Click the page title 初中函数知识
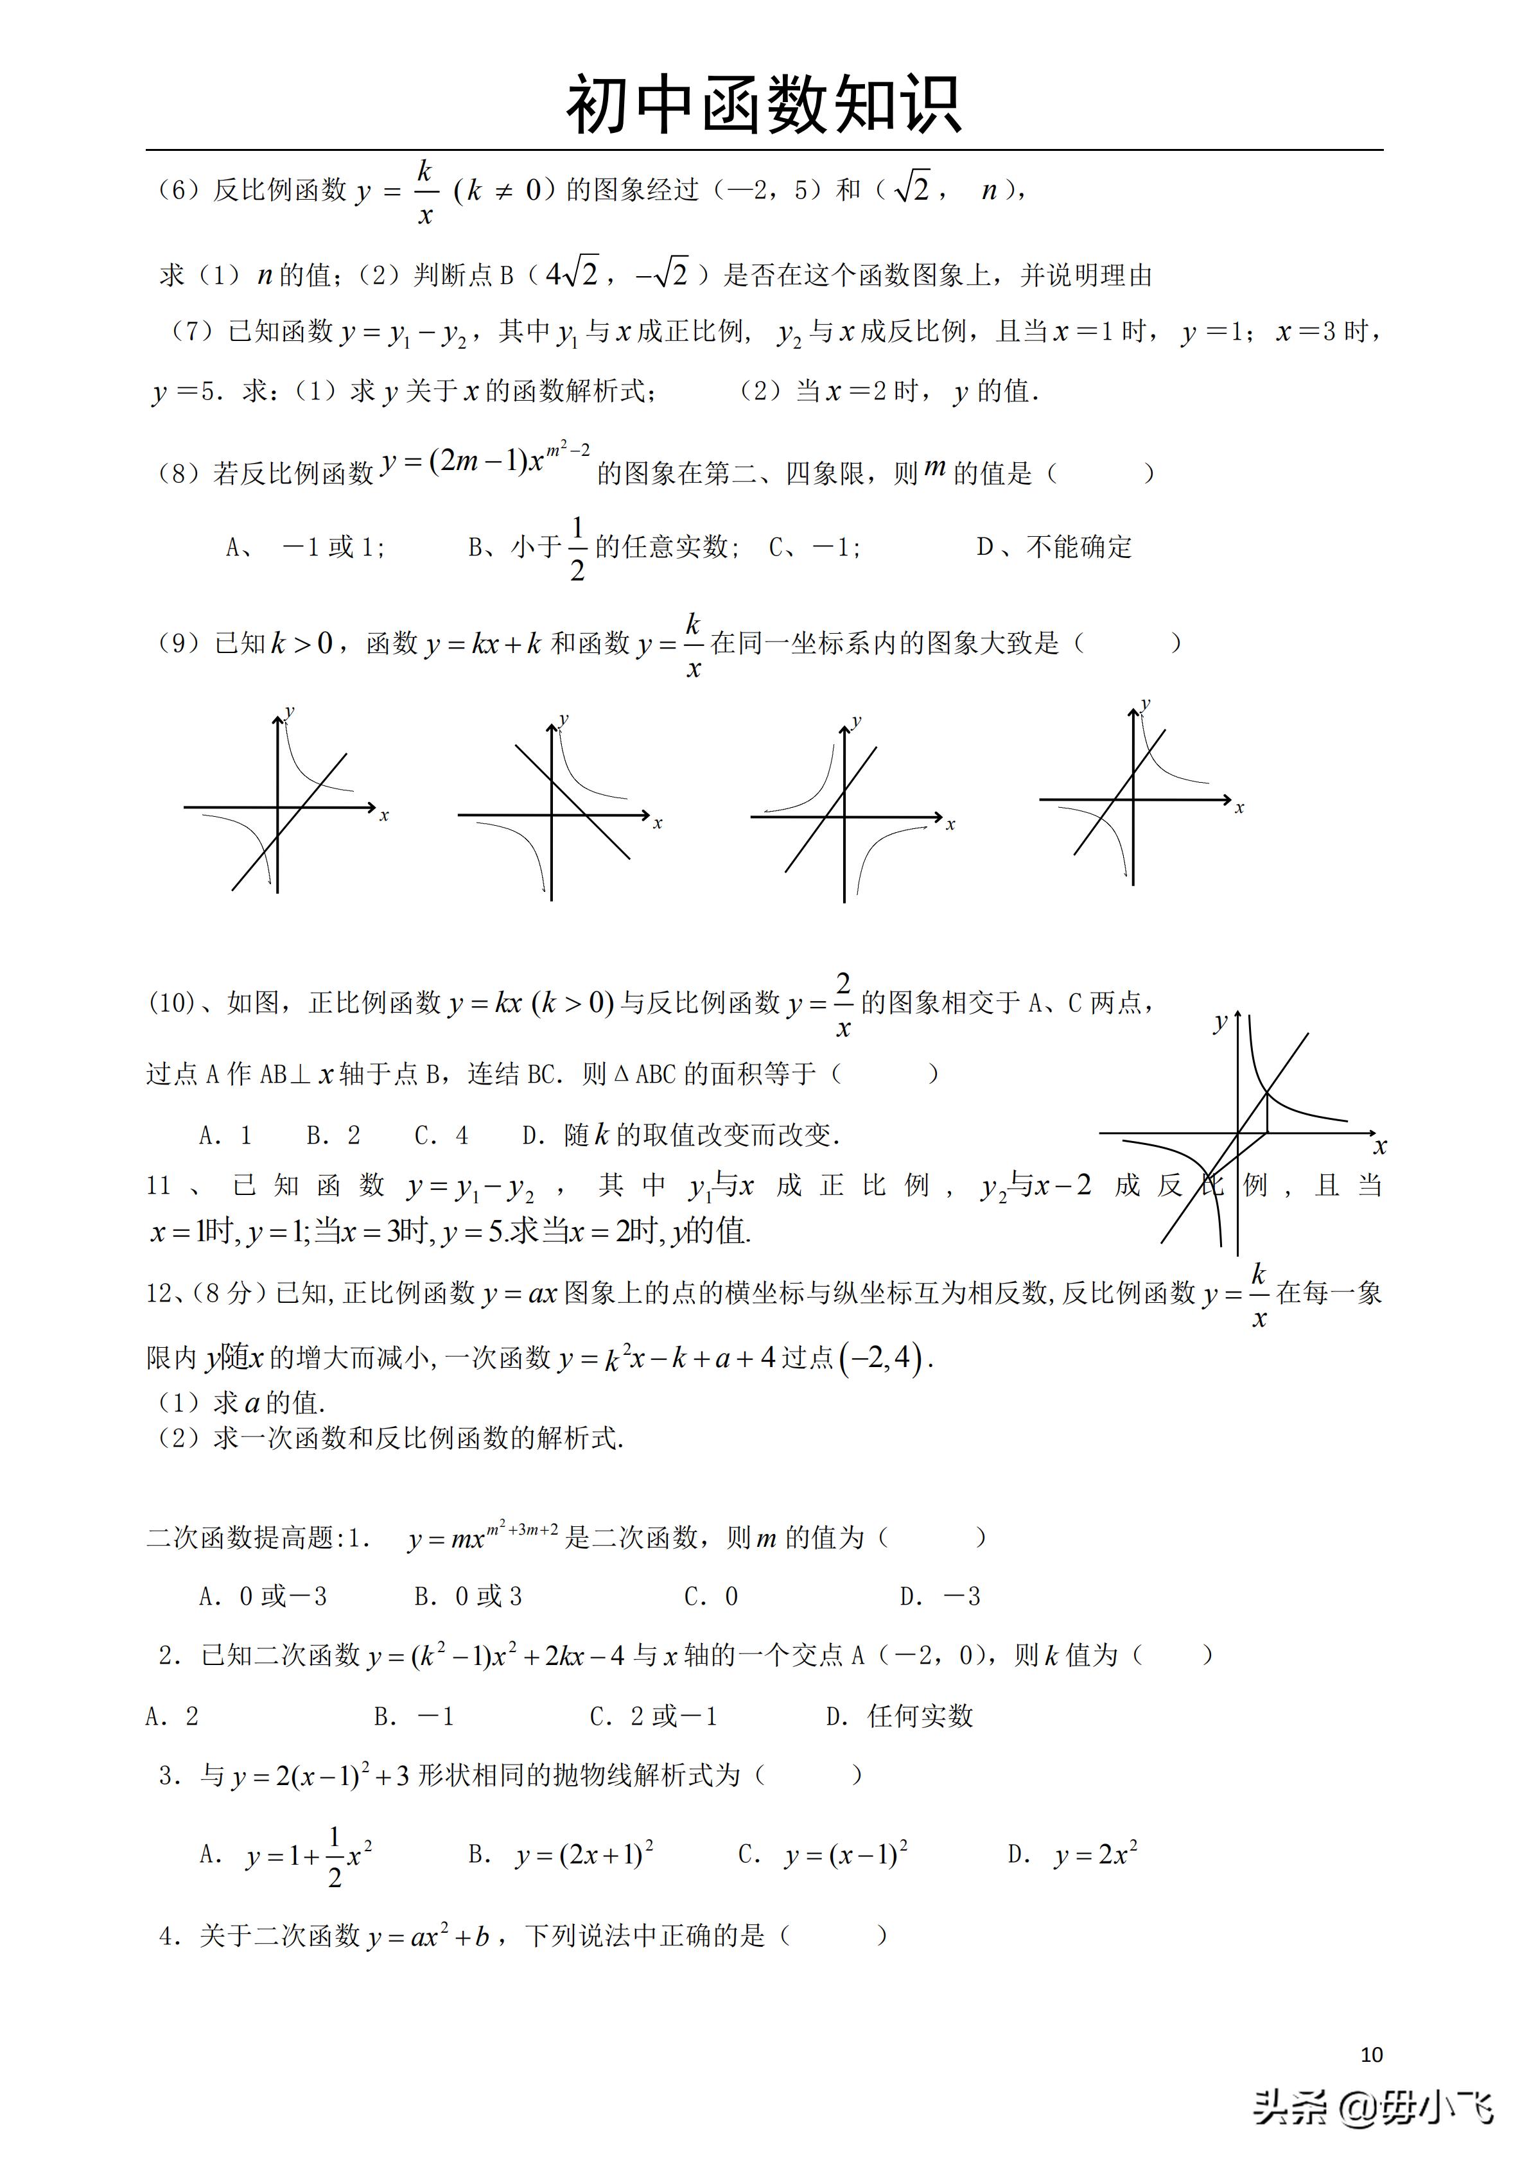click(x=764, y=105)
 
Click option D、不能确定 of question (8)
click(x=1054, y=547)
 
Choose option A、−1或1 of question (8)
click(x=305, y=547)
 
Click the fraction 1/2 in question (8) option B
click(x=577, y=548)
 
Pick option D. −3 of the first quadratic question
click(x=939, y=1596)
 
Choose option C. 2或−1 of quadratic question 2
click(x=653, y=1716)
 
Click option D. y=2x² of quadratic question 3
click(x=1072, y=1855)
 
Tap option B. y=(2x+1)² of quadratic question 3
click(x=561, y=1855)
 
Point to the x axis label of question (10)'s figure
click(x=1379, y=1146)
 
